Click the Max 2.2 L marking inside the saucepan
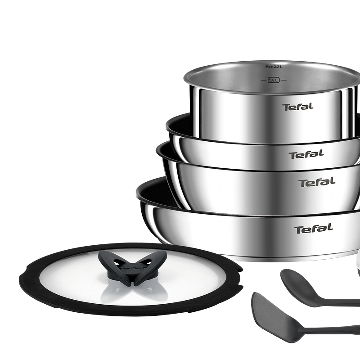click(274, 67)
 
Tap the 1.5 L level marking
click(274, 80)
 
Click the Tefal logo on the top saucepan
click(298, 107)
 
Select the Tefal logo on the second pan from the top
click(306, 154)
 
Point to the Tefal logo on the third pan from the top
click(317, 182)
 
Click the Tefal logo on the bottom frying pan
click(313, 229)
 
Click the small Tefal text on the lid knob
click(133, 268)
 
